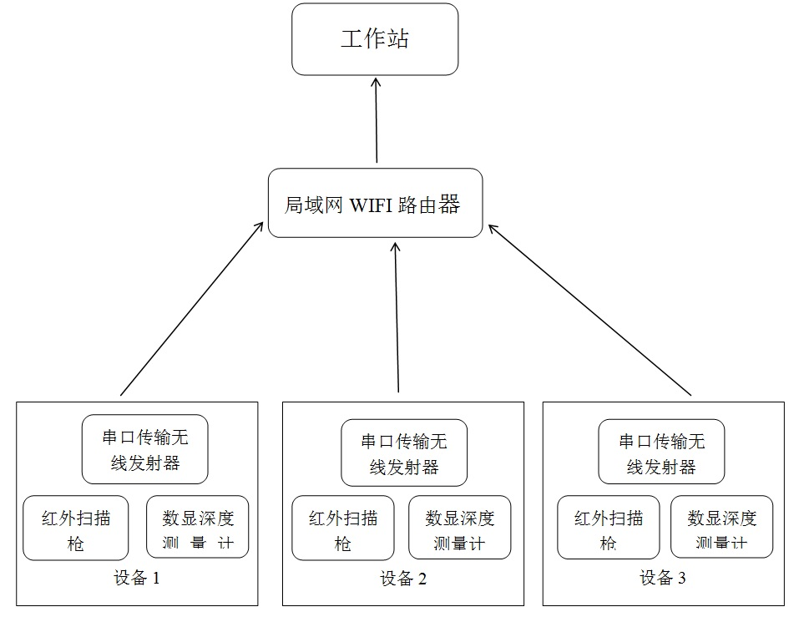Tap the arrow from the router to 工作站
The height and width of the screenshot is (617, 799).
376,120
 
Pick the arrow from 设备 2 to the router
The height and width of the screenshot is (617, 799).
397,317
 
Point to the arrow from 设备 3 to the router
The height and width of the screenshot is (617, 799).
589,310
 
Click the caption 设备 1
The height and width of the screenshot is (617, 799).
137,578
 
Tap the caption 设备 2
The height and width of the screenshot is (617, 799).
403,579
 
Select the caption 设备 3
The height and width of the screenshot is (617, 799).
662,578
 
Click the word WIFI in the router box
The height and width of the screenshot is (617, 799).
371,205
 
